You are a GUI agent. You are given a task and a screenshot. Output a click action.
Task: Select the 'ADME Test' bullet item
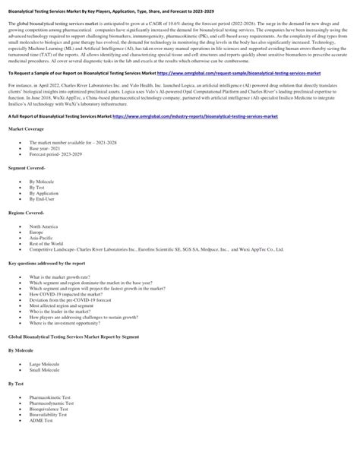point(43,444)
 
